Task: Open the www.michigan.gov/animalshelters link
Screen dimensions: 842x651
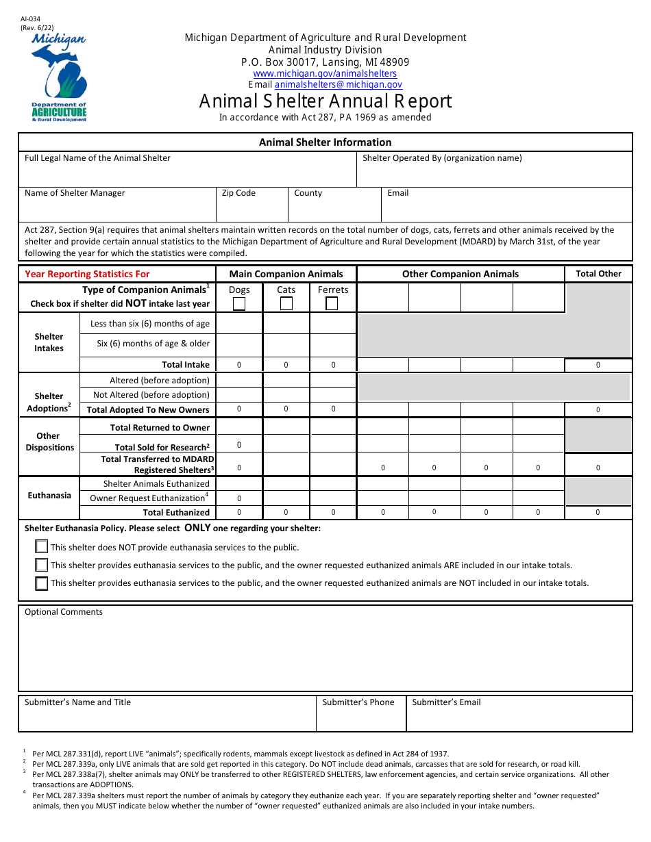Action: coord(325,73)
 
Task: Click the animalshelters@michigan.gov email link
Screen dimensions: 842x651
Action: coord(339,85)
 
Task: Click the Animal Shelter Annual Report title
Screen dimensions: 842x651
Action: coord(325,101)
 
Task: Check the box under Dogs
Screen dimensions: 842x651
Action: coord(239,304)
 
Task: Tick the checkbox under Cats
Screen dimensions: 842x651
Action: coord(286,304)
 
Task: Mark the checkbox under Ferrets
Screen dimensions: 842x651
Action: coord(332,304)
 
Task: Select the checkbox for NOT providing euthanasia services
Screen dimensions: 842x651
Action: coord(42,546)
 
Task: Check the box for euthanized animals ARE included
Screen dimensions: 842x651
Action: coord(42,565)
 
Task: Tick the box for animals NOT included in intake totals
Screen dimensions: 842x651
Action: coord(42,583)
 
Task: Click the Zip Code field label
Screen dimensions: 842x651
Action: coord(238,193)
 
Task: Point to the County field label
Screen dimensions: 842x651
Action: coord(308,193)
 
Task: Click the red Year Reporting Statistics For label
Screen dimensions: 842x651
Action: coord(87,274)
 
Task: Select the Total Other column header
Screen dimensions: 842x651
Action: coord(598,274)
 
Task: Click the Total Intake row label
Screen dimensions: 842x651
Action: coord(186,365)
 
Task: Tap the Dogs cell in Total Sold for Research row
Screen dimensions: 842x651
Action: coord(239,445)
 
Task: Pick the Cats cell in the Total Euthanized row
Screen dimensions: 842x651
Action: coord(286,512)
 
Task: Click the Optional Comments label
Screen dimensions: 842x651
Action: coord(64,612)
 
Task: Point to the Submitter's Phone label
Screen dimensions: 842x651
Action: coord(358,702)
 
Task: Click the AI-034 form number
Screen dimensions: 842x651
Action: coord(31,20)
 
